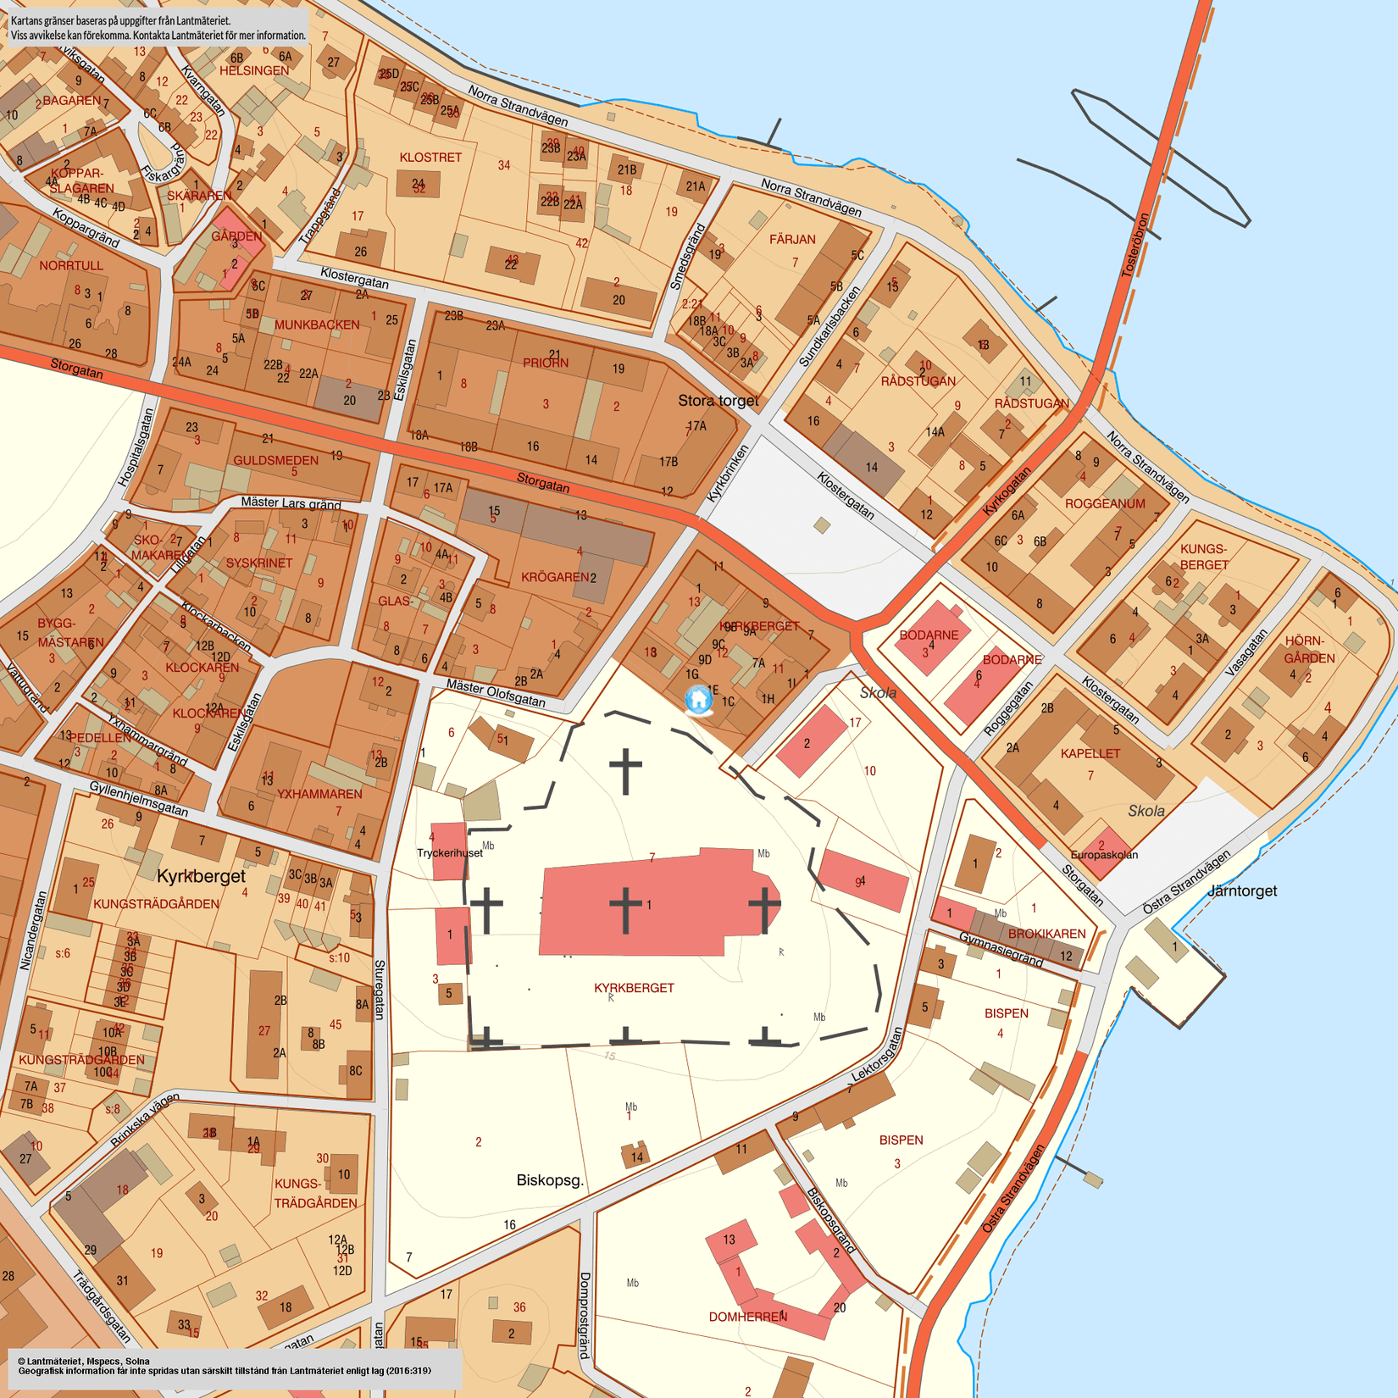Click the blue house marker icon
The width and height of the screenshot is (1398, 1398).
698,700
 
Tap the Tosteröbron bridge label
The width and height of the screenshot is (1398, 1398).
1135,245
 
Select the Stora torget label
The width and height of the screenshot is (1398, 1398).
718,401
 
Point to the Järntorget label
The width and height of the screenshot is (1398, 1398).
1241,890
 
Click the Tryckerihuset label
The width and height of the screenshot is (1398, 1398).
449,853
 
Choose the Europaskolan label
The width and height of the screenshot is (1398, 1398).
1104,855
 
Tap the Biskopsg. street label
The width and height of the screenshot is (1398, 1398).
550,1179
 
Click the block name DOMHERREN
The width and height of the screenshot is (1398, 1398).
747,1317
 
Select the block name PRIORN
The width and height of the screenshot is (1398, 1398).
546,363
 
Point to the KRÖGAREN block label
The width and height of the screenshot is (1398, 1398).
555,577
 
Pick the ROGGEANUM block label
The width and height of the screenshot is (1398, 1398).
1105,503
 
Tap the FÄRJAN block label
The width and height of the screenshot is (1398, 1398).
792,240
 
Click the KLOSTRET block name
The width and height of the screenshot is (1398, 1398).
430,158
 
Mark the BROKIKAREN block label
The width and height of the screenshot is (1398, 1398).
1046,934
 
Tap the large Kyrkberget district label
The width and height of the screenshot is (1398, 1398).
201,876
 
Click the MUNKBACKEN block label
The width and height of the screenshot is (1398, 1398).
316,325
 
